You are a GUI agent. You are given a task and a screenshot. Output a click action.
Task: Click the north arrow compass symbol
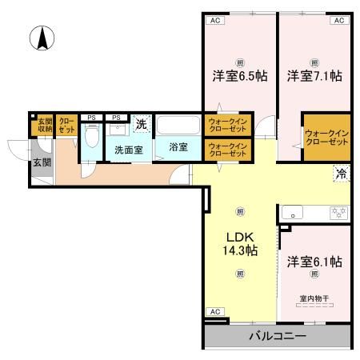(x=41, y=36)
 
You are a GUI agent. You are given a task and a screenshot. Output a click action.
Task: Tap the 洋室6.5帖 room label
(x=239, y=77)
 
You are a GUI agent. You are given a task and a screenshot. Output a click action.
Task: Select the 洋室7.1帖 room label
(x=315, y=77)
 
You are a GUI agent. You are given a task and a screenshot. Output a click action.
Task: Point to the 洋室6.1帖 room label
(x=315, y=262)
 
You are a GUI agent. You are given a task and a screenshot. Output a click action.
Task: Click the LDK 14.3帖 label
(x=239, y=243)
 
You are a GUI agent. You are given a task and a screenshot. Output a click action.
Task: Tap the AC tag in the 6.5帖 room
(x=214, y=21)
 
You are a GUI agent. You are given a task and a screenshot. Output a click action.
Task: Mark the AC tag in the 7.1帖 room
(x=338, y=21)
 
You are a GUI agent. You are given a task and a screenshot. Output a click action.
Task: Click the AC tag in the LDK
(x=214, y=311)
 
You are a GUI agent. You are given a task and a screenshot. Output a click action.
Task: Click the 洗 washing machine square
(x=141, y=124)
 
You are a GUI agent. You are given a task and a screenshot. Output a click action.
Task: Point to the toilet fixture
(x=92, y=138)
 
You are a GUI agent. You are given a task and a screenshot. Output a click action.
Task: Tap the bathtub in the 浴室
(x=178, y=126)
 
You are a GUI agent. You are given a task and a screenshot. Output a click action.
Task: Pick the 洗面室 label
(x=128, y=149)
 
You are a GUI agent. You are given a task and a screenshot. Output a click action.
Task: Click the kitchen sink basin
(x=294, y=214)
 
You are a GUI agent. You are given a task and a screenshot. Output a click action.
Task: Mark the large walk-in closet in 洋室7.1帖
(x=326, y=137)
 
